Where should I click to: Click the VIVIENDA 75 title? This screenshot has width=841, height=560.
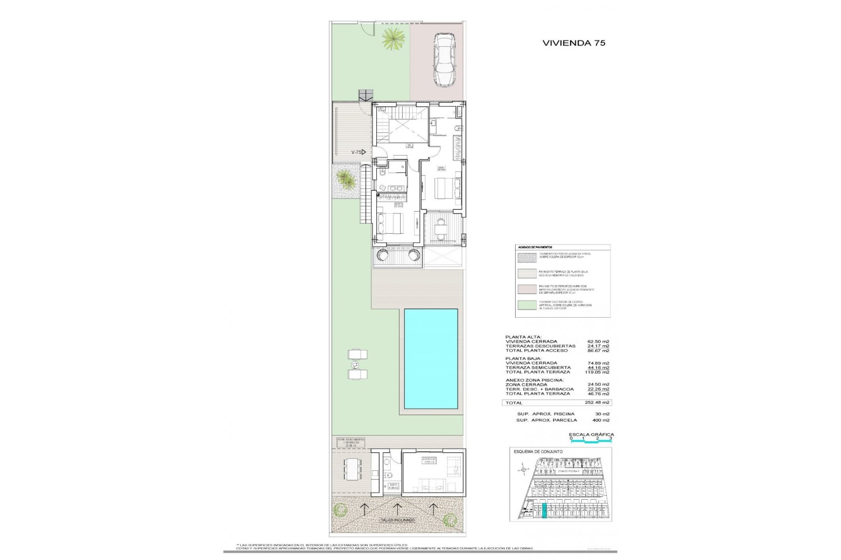573,43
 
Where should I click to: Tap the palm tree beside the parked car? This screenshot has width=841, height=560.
392,39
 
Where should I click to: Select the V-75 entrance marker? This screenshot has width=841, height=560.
358,152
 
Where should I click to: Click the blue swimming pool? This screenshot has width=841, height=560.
431,359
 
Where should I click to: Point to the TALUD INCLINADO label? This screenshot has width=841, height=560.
397,520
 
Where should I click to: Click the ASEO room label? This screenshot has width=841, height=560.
393,486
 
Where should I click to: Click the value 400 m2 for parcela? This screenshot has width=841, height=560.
601,420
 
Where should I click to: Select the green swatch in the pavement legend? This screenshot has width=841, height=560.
527,305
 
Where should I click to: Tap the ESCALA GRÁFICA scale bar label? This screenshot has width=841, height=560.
591,434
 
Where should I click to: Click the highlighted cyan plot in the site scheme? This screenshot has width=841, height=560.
544,511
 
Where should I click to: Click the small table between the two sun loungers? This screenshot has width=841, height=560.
355,364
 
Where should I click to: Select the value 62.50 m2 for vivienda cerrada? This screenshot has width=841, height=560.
598,342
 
